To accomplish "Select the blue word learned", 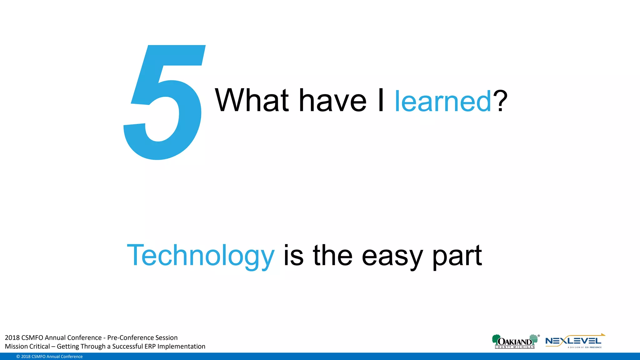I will click(x=443, y=101).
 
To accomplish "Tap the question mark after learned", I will click(x=500, y=101).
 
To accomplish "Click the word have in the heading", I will click(x=333, y=101).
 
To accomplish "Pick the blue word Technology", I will click(x=201, y=256).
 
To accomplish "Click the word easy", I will click(x=392, y=256).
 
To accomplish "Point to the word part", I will click(x=457, y=256).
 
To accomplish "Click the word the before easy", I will click(x=332, y=256).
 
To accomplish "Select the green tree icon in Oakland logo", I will click(x=496, y=339).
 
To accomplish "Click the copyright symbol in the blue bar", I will click(x=18, y=357).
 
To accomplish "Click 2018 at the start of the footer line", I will click(x=12, y=337).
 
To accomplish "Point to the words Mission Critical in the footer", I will click(x=27, y=346).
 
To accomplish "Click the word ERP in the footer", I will click(x=150, y=346).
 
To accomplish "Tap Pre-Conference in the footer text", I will click(x=126, y=337).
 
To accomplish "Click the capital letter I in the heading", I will click(x=381, y=101).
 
